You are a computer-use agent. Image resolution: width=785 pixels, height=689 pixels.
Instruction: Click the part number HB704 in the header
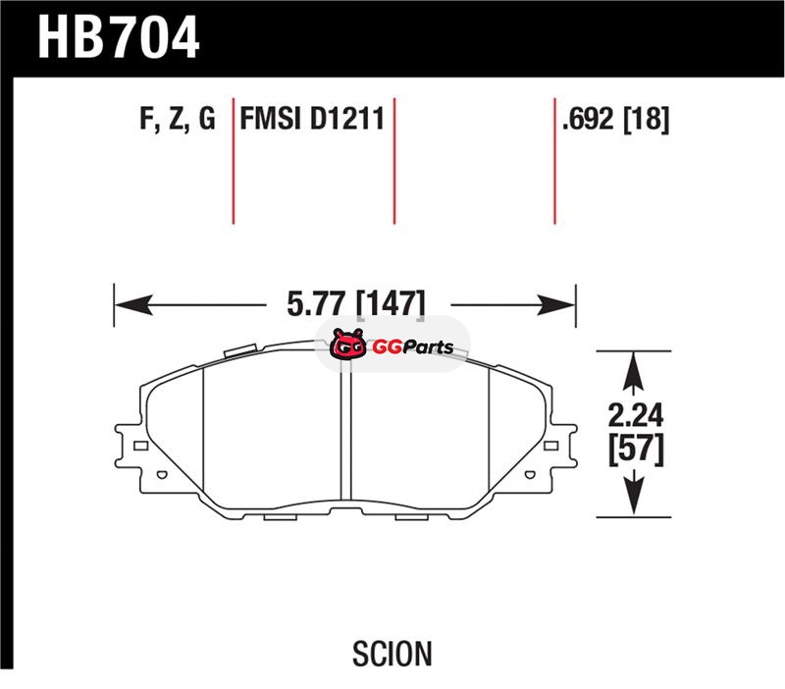(119, 37)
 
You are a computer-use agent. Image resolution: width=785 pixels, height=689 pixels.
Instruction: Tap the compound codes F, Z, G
(178, 119)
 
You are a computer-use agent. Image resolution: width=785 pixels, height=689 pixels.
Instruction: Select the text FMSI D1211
(312, 119)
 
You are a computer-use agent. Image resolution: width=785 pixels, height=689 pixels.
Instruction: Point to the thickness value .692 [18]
(616, 119)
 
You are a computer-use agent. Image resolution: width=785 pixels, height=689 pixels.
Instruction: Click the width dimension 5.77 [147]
(356, 303)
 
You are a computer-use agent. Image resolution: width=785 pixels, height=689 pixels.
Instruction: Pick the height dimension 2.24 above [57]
(635, 414)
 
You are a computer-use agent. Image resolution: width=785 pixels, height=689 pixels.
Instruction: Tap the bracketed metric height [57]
(636, 450)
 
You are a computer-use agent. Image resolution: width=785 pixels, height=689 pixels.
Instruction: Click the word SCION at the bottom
(392, 654)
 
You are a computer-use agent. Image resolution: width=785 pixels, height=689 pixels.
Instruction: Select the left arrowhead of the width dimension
(133, 305)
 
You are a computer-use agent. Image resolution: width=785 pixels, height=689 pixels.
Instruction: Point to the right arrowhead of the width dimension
(556, 305)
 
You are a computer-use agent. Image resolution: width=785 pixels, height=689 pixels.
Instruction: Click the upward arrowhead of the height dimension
(634, 371)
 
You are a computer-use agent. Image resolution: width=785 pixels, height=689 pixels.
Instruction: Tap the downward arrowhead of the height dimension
(634, 495)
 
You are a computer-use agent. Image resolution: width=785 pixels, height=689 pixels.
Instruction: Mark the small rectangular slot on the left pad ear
(140, 446)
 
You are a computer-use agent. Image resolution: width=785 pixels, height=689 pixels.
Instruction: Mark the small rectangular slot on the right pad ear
(550, 446)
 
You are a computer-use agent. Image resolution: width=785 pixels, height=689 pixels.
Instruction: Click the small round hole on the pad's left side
(162, 474)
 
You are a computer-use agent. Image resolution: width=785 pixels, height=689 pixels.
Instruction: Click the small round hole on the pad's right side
(530, 474)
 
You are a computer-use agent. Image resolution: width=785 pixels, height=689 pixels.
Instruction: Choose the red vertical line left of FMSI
(234, 161)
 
